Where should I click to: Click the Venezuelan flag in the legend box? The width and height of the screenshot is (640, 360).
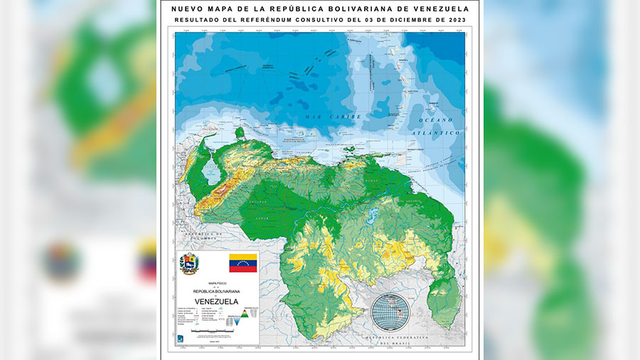coord(242,263)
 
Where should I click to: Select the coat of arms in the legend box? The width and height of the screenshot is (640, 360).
coord(188,263)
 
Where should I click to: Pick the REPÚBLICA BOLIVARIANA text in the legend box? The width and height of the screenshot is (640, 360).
coord(218,291)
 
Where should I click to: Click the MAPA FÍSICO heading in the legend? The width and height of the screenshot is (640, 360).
coord(217,282)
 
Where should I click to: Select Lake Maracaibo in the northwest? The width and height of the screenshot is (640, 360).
coord(211,171)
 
